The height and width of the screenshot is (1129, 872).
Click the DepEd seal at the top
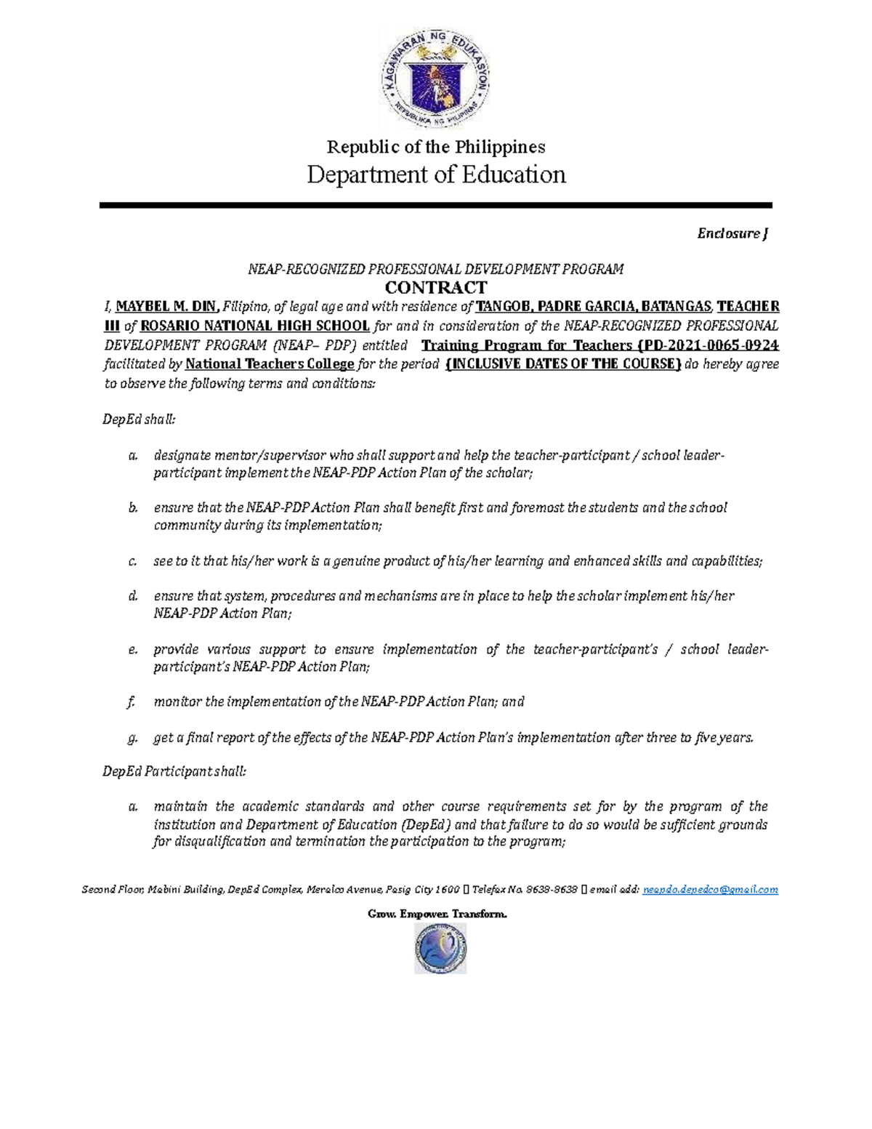coord(435,81)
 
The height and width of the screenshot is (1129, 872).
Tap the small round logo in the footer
coord(440,949)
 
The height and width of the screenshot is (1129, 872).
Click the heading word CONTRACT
coord(435,288)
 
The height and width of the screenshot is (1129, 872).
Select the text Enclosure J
coord(732,233)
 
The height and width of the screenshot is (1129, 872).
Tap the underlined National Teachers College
coord(270,364)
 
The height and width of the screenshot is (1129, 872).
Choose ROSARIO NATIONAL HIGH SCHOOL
coord(255,326)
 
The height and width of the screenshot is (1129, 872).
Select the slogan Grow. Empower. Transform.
coord(437,914)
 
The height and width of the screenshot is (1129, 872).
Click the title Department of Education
coord(436,174)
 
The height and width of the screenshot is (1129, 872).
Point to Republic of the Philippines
coord(436,147)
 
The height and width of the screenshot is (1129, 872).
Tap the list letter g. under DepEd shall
coord(132,738)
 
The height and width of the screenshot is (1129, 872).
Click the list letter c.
coord(132,561)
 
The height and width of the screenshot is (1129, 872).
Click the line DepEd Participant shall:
coord(174,771)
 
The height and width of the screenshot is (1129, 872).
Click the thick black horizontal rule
coord(435,206)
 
